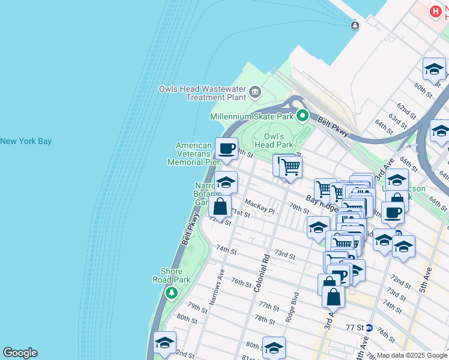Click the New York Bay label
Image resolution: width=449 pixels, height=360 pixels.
pos(26,142)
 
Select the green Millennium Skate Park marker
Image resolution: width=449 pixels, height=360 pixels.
pos(303,116)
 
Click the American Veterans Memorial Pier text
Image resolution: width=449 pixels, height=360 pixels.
pos(194,154)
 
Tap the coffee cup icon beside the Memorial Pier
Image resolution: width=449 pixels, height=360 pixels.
pos(226,149)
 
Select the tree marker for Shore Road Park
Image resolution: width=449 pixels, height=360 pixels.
pos(172,292)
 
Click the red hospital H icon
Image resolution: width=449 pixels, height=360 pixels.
pos(436,11)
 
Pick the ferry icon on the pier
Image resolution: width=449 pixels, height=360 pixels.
pos(355,25)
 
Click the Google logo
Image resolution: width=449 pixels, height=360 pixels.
pos(20,353)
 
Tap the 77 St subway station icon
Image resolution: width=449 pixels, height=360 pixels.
pos(369,328)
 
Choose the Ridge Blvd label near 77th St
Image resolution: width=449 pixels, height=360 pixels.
pos(292,307)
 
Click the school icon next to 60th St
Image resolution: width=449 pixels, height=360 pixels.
pos(433,70)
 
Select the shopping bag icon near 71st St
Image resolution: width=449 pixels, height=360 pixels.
pos(220,207)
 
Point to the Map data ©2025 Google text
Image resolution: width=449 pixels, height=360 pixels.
pos(411,355)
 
